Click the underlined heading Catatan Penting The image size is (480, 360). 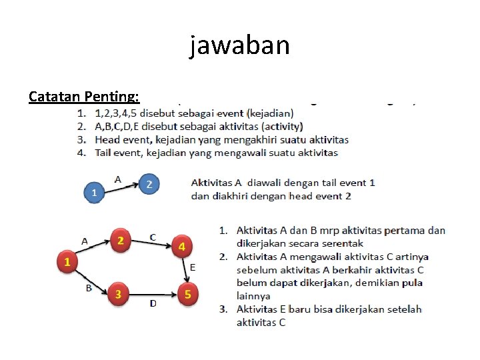[84, 97]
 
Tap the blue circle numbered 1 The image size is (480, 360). [94, 193]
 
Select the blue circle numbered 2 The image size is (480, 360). [149, 184]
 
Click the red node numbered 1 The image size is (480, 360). [67, 262]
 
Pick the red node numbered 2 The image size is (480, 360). [120, 241]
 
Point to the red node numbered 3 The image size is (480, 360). [118, 293]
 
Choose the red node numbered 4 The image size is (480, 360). [181, 247]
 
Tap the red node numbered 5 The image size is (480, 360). [188, 293]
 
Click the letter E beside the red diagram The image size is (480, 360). [193, 267]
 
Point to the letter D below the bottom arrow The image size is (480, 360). [153, 304]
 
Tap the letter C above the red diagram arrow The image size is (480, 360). [153, 237]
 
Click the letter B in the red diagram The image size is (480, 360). [89, 288]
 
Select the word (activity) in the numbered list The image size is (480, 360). [283, 127]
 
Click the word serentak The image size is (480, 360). [340, 243]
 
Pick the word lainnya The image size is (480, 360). [253, 295]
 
